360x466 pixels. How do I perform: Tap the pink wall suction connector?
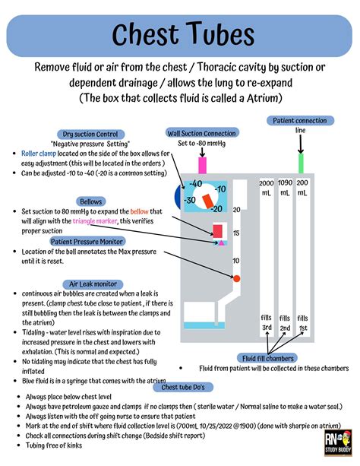[202, 163]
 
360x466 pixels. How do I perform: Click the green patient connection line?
[301, 163]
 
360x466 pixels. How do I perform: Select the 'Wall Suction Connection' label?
[202, 134]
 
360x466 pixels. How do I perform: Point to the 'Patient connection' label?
[301, 121]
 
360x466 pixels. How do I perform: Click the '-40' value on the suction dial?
[194, 184]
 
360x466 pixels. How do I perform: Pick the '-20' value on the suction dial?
[216, 208]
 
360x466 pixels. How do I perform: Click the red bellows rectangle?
[217, 230]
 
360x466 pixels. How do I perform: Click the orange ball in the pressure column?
[236, 279]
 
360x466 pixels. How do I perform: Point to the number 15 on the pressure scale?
[236, 233]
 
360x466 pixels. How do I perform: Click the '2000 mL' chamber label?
[267, 189]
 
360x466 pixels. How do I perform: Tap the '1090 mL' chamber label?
[285, 189]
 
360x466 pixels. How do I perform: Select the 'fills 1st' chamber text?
[303, 322]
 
